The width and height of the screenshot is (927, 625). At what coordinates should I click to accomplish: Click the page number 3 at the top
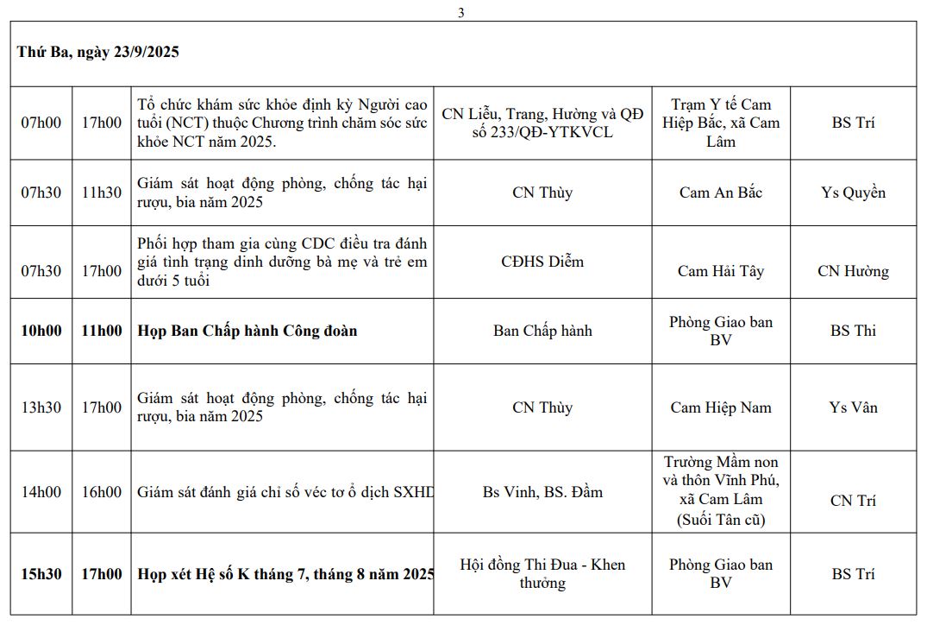(461, 13)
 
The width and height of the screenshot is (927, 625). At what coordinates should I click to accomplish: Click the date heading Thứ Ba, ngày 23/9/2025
(97, 52)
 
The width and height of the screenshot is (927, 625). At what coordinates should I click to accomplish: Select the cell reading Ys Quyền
(853, 193)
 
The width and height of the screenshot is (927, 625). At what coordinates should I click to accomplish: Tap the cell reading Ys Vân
(853, 407)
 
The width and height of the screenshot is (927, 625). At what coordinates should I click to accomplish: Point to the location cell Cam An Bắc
(721, 193)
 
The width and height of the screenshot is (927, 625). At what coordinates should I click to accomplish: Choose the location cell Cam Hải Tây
(721, 271)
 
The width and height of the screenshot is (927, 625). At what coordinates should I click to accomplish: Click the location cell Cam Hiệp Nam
(721, 407)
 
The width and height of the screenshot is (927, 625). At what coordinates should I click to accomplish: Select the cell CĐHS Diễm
(542, 262)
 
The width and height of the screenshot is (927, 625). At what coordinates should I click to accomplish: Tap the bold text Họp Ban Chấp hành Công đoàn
(247, 331)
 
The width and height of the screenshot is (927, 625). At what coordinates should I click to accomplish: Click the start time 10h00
(41, 331)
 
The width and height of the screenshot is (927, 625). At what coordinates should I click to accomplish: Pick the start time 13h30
(41, 407)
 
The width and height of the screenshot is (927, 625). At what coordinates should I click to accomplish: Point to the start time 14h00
(41, 492)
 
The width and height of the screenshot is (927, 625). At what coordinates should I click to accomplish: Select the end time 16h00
(102, 492)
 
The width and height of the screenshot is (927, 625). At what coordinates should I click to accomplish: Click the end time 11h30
(102, 193)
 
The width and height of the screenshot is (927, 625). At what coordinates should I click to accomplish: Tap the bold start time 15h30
(41, 574)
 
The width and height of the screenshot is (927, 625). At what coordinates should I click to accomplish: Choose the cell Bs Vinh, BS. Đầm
(542, 492)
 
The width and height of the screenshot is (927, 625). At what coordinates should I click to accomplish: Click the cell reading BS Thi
(853, 331)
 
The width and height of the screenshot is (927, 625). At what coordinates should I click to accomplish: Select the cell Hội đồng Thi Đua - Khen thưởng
(542, 574)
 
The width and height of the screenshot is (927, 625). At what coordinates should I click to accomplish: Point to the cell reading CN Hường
(853, 271)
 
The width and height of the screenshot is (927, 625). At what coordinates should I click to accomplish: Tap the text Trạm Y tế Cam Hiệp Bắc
(721, 114)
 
